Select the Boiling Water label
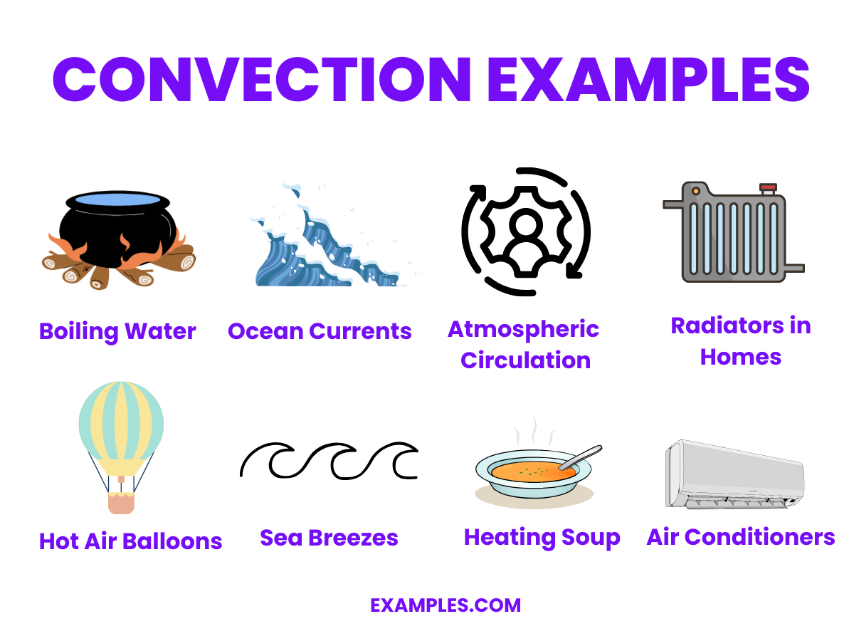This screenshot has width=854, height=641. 117,331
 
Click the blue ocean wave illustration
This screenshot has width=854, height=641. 320,242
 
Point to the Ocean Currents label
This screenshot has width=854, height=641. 320,331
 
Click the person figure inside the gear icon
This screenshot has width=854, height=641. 525,232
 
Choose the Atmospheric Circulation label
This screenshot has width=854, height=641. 524,345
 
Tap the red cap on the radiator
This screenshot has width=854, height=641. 768,189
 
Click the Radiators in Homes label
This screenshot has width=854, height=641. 741,341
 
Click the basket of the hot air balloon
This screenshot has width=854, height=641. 121,502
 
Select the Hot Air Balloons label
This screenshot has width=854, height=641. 131,541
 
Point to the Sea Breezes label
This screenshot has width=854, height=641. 329,538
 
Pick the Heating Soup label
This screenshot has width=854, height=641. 542,538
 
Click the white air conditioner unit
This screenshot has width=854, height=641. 734,474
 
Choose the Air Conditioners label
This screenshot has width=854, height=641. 741,537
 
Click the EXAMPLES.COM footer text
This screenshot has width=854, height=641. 446,605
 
